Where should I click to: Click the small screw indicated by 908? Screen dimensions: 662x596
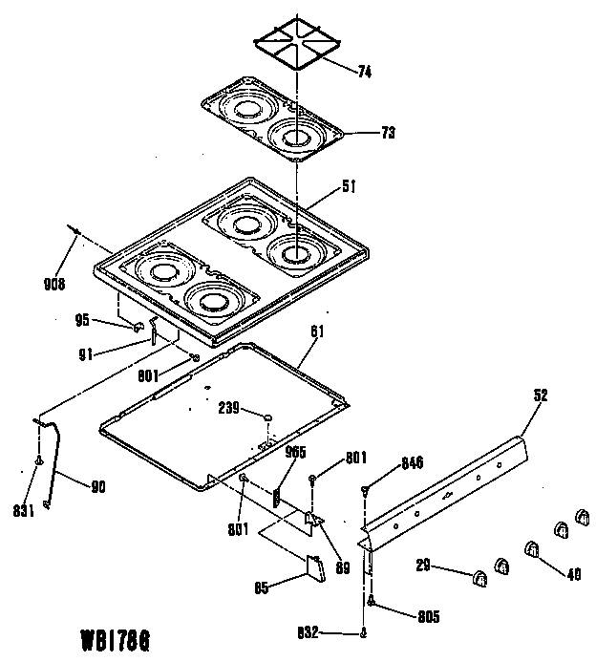(74, 229)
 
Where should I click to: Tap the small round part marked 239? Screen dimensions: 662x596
(269, 418)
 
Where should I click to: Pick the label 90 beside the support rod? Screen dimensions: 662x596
(97, 486)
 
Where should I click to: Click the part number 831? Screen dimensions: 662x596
(25, 510)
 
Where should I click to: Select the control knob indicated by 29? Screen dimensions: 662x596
(479, 576)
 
